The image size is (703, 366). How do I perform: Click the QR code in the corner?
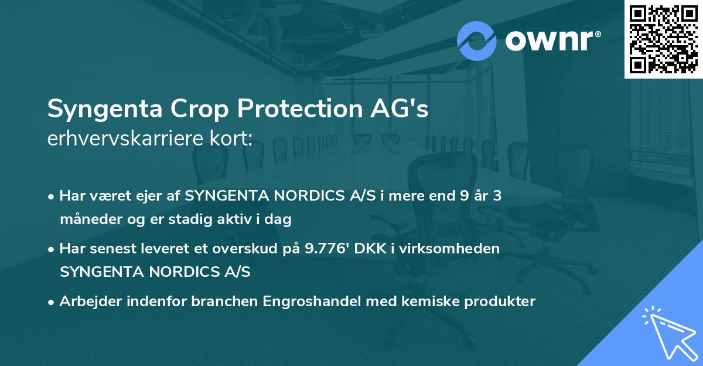click(x=664, y=39)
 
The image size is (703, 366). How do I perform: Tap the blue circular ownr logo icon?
click(x=476, y=40)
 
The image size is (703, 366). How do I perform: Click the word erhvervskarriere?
click(x=122, y=139)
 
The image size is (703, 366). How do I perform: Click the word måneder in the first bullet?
click(x=87, y=220)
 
